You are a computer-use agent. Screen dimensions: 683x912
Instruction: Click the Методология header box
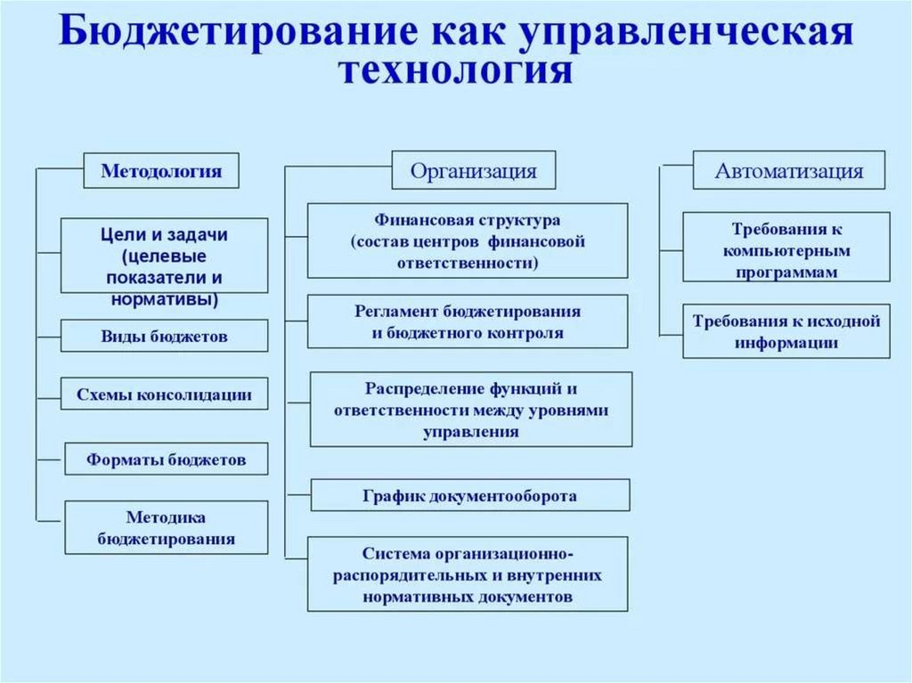coord(161,170)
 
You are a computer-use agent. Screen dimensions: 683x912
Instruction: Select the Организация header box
coord(473,170)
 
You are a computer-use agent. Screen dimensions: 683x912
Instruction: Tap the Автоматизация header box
coord(789,170)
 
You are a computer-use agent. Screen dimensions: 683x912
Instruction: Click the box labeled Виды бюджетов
coord(164,337)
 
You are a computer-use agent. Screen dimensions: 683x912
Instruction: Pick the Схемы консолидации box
coord(164,394)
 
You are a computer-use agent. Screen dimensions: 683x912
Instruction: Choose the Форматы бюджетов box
coord(166,459)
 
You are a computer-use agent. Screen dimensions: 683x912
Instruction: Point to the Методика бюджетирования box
coord(167,527)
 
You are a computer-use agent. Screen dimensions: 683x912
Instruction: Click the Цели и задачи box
coord(164,256)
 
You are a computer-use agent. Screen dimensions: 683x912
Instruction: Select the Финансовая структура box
coord(468,240)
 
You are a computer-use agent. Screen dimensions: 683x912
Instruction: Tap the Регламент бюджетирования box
coord(468,321)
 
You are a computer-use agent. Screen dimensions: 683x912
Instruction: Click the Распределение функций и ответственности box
coord(471,410)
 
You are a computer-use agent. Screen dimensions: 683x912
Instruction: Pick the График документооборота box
coord(470,495)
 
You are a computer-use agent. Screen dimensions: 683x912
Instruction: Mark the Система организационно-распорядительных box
coord(468,573)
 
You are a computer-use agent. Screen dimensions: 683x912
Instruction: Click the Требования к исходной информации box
coord(786,331)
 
